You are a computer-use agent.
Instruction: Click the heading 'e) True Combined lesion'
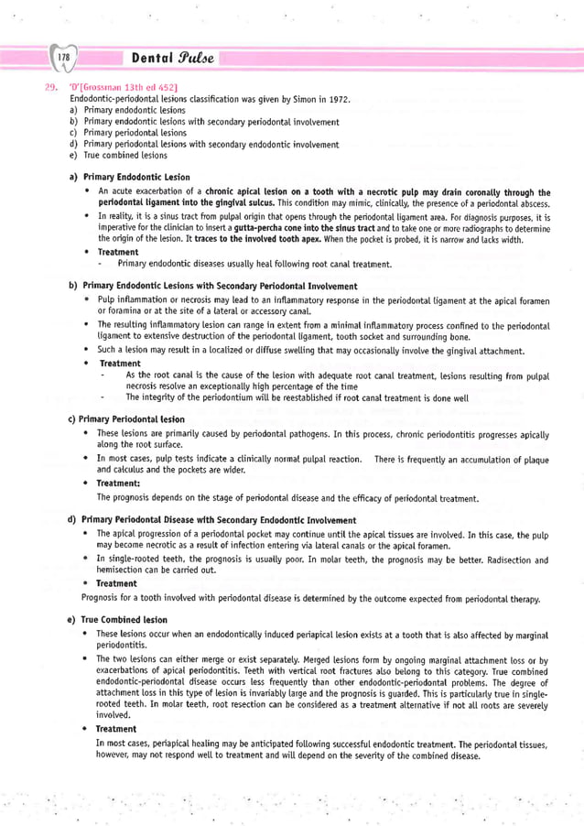pos(123,619)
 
